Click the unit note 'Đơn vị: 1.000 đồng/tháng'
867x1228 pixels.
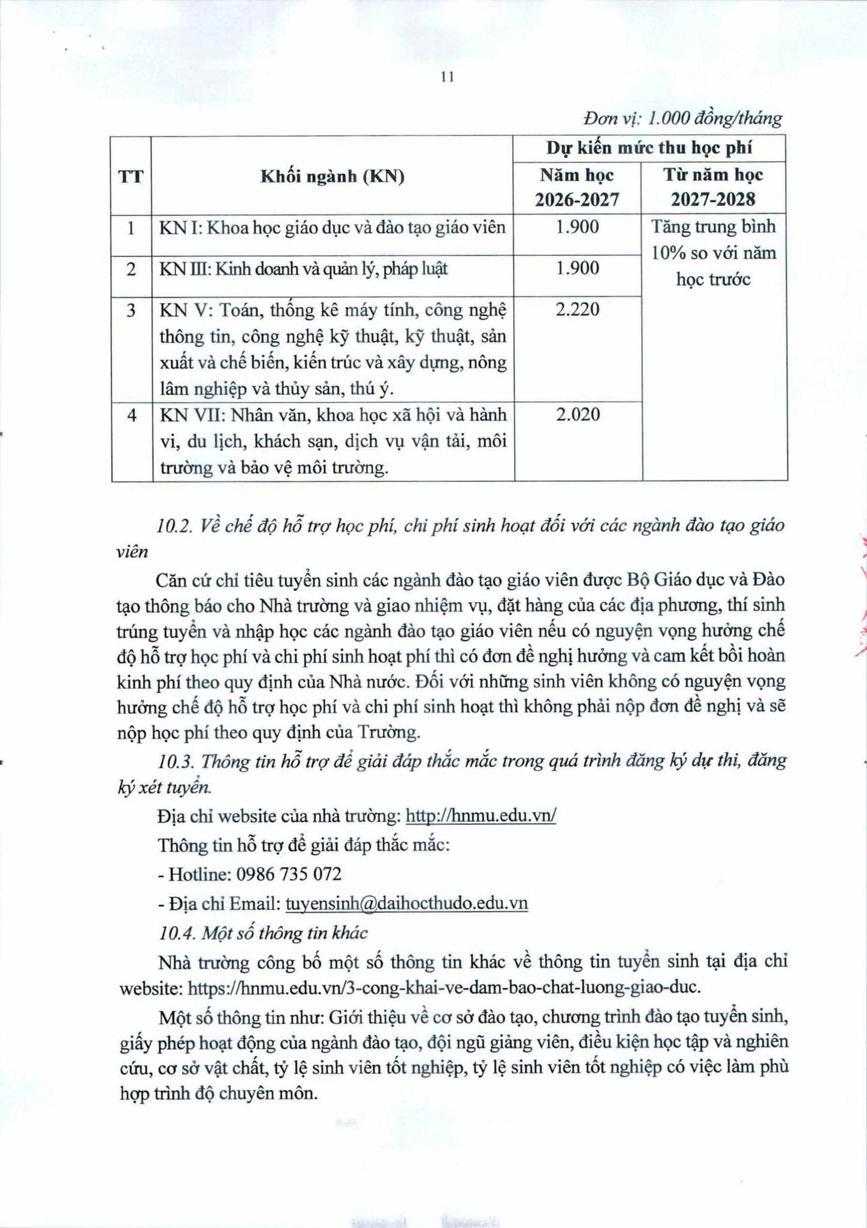(682, 119)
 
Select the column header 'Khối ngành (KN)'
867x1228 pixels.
(333, 177)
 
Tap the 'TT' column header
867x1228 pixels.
(131, 177)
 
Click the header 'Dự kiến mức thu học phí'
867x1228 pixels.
(649, 148)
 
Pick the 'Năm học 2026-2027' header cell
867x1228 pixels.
(577, 187)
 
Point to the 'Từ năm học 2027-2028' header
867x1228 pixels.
(713, 187)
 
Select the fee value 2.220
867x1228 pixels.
(577, 309)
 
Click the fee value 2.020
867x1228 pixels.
(577, 414)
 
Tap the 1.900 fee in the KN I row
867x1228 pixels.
(577, 227)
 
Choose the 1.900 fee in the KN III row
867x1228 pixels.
(577, 268)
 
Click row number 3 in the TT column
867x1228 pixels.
(131, 309)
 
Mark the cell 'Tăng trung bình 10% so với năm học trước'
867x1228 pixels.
(713, 253)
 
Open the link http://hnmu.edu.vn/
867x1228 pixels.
(481, 816)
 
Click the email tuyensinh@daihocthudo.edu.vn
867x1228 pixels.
(406, 904)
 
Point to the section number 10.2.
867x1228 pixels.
(173, 526)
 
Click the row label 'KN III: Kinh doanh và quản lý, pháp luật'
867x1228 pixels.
(303, 269)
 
